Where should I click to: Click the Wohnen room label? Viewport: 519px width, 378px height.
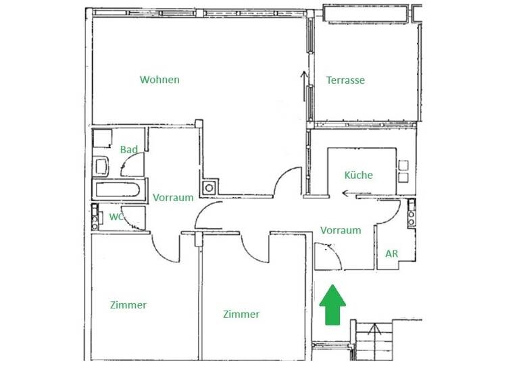159,80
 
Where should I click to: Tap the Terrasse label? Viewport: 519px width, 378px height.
345,80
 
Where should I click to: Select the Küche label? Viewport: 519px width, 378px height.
358,175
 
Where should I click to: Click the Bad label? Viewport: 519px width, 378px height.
129,149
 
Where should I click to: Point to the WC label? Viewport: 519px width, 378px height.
116,217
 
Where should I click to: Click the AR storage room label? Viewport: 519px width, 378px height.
391,254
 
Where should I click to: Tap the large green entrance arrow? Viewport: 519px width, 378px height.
332,304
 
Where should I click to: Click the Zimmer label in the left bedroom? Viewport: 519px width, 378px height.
128,305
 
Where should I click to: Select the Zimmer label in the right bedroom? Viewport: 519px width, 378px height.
241,315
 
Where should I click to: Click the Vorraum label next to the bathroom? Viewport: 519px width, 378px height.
173,198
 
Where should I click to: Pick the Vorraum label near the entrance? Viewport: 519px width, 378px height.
341,230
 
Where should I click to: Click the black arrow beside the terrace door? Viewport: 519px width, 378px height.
303,80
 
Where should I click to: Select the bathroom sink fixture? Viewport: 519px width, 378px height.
102,165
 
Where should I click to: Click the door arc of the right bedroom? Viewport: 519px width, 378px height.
255,247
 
